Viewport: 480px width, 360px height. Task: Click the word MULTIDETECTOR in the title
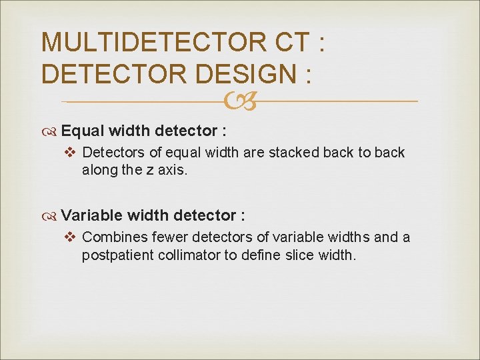[x=155, y=43]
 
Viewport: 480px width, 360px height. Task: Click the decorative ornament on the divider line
[x=239, y=101]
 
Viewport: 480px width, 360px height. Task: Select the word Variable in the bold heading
[x=91, y=215]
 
